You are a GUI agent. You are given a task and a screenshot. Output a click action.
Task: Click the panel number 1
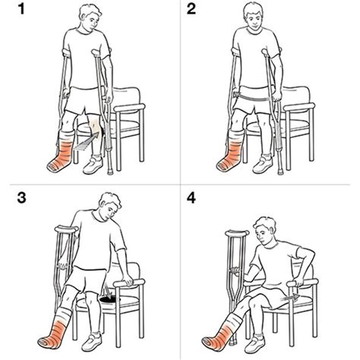pyautogui.click(x=21, y=9)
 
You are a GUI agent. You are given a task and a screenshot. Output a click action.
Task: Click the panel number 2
pyautogui.click(x=191, y=9)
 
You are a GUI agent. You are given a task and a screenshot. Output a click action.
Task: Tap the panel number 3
pyautogui.click(x=21, y=197)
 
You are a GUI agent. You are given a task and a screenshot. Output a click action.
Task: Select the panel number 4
pyautogui.click(x=191, y=197)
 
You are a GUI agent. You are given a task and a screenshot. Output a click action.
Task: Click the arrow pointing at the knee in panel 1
pyautogui.click(x=86, y=142)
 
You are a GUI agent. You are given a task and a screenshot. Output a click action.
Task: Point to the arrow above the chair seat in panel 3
pyautogui.click(x=109, y=289)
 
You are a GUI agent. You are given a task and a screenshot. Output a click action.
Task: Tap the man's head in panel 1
pyautogui.click(x=90, y=17)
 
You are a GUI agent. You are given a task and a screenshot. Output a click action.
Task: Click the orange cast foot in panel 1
pyautogui.click(x=61, y=156)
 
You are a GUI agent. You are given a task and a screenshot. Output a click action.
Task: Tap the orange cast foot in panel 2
pyautogui.click(x=230, y=157)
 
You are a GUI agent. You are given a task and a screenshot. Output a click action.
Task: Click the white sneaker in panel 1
pyautogui.click(x=93, y=166)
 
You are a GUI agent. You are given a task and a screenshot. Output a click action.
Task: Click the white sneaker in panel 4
pyautogui.click(x=255, y=344)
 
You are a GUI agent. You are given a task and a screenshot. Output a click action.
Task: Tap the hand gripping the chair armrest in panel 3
pyautogui.click(x=127, y=279)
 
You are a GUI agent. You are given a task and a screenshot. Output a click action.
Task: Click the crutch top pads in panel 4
pyautogui.click(x=237, y=232)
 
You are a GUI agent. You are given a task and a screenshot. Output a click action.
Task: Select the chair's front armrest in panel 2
pyautogui.click(x=298, y=107)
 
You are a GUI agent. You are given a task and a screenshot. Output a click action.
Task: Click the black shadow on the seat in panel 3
pyautogui.click(x=110, y=300)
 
